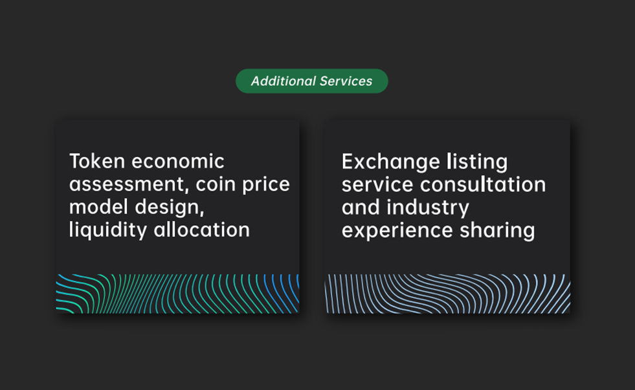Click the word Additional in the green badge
pos(283,81)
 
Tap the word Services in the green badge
pos(346,81)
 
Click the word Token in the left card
pos(97,161)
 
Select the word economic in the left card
pos(178,161)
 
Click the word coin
pos(216,184)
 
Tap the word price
pos(266,185)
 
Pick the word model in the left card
pos(99,207)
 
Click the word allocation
pos(202,230)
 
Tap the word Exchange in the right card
pos(391,162)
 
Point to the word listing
pos(477,162)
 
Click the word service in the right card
pos(378,184)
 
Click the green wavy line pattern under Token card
pos(178,294)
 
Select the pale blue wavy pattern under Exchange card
pos(447,294)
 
